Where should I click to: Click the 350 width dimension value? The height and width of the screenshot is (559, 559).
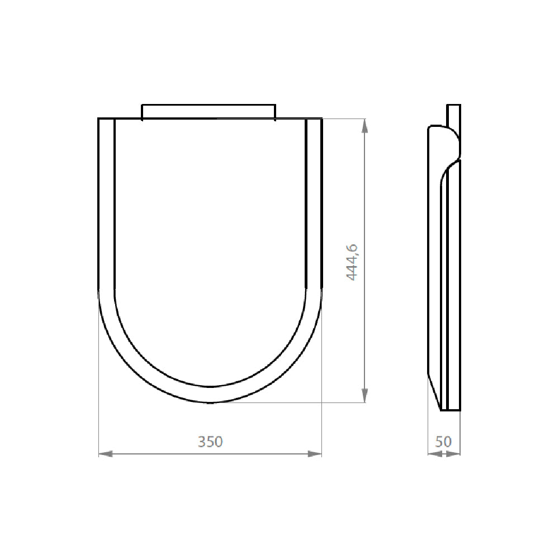[210, 442]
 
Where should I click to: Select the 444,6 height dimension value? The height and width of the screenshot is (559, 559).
[352, 262]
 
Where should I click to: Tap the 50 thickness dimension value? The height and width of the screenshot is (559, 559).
[443, 442]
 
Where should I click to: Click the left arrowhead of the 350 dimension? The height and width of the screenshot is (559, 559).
[104, 454]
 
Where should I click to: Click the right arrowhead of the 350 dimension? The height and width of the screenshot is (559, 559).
[316, 454]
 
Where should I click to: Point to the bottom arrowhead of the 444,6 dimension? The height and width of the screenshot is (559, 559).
[365, 396]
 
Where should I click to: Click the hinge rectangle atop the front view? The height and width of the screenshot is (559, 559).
[209, 111]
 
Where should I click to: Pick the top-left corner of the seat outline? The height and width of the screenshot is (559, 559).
[99, 119]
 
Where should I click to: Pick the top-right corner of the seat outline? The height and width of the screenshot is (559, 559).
[322, 119]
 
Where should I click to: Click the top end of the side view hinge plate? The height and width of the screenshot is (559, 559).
[453, 106]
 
